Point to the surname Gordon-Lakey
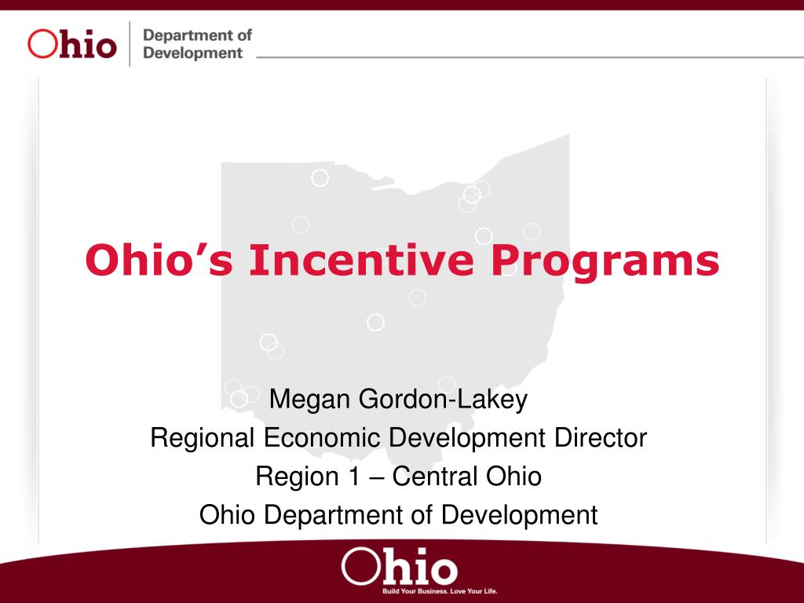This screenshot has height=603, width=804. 443,400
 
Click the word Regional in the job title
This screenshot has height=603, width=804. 203,439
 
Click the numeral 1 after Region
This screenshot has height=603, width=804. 354,477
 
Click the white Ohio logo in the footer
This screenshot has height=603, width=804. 399,567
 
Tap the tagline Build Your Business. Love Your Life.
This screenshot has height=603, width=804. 440,591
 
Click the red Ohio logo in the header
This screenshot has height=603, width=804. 71,44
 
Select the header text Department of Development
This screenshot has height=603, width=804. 197,44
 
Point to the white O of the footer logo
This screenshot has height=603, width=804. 360,566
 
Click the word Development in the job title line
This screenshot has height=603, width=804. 466,439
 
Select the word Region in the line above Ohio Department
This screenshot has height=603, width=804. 297,477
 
